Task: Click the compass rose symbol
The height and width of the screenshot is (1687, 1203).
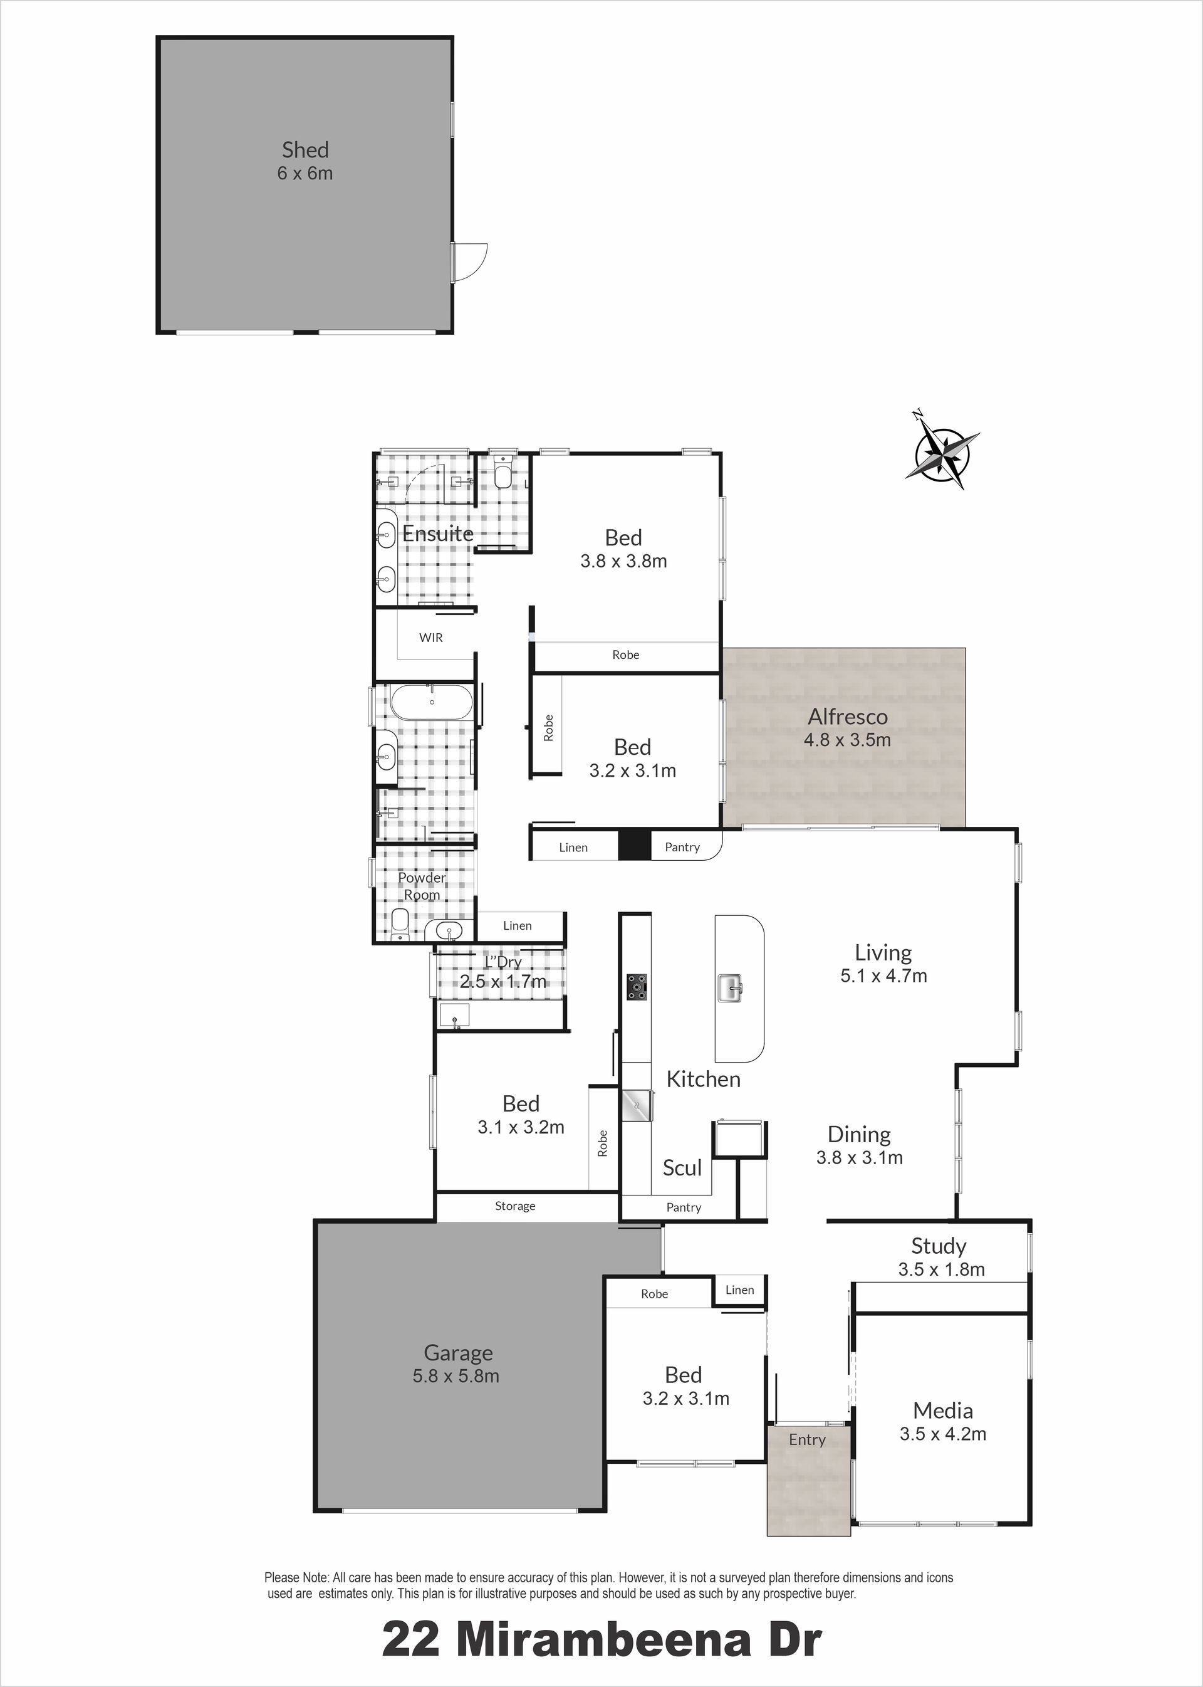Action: pyautogui.click(x=942, y=451)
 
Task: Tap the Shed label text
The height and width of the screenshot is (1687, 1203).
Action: pyautogui.click(x=305, y=150)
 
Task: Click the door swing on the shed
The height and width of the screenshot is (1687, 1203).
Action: pyautogui.click(x=470, y=261)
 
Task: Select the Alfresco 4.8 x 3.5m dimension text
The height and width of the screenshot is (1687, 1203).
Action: pyautogui.click(x=848, y=739)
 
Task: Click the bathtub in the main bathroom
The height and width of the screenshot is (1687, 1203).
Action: pyautogui.click(x=430, y=702)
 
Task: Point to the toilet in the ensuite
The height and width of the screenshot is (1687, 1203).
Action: pyautogui.click(x=503, y=471)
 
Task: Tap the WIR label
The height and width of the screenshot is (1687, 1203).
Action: pyautogui.click(x=431, y=638)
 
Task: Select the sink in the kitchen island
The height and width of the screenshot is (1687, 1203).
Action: pyautogui.click(x=730, y=988)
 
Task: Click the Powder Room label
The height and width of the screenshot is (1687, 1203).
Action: pyautogui.click(x=422, y=886)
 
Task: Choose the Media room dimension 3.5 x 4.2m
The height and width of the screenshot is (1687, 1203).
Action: pyautogui.click(x=943, y=1434)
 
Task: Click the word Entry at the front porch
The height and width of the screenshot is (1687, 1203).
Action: pyautogui.click(x=806, y=1439)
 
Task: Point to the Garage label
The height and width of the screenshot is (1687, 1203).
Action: pyautogui.click(x=459, y=1353)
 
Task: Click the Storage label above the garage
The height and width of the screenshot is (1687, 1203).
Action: pyautogui.click(x=515, y=1206)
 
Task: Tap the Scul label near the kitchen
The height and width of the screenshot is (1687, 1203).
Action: pyautogui.click(x=682, y=1167)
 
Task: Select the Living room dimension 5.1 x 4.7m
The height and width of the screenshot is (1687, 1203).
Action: pyautogui.click(x=883, y=975)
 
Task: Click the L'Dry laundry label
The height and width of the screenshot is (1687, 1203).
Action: pyautogui.click(x=503, y=961)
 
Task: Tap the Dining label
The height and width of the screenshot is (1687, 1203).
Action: pyautogui.click(x=859, y=1135)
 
